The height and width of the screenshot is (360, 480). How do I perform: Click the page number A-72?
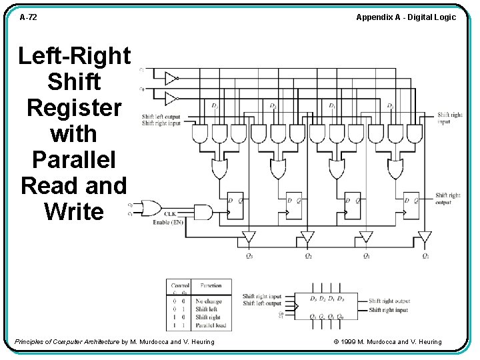(x=28, y=17)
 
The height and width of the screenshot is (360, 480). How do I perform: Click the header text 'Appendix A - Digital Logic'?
(x=405, y=17)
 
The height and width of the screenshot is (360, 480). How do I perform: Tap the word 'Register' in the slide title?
(x=74, y=107)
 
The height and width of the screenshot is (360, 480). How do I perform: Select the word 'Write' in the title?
(x=74, y=211)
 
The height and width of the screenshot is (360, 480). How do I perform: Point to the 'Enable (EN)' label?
(x=168, y=222)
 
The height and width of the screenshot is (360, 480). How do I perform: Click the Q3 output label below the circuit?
(x=249, y=256)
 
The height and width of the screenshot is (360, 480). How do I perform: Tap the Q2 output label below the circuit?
(x=307, y=256)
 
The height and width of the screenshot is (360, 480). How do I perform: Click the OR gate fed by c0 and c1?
(x=147, y=206)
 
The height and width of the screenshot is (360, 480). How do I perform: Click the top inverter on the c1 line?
(x=171, y=79)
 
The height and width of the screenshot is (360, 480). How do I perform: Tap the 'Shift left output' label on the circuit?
(x=161, y=117)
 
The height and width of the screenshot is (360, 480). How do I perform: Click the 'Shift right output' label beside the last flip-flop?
(x=448, y=199)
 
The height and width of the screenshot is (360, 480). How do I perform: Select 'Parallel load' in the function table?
(x=211, y=325)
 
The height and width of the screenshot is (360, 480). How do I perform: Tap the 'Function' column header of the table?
(x=211, y=285)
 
